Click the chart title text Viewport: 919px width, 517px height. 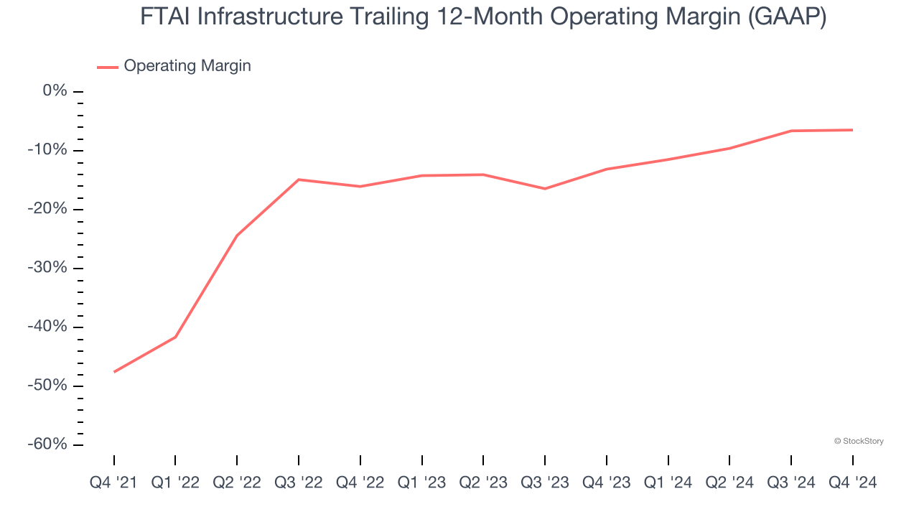click(483, 17)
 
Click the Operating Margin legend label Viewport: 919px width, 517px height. click(187, 66)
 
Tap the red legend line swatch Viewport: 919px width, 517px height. click(108, 67)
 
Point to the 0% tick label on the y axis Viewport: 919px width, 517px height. click(55, 91)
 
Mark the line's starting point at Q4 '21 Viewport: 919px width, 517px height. click(114, 372)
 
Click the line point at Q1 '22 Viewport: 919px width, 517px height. click(175, 337)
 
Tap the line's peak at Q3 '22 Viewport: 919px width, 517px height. click(299, 180)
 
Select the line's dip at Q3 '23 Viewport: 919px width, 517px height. click(545, 189)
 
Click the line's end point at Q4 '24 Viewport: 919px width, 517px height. click(852, 130)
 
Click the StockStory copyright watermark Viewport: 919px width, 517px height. click(859, 441)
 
